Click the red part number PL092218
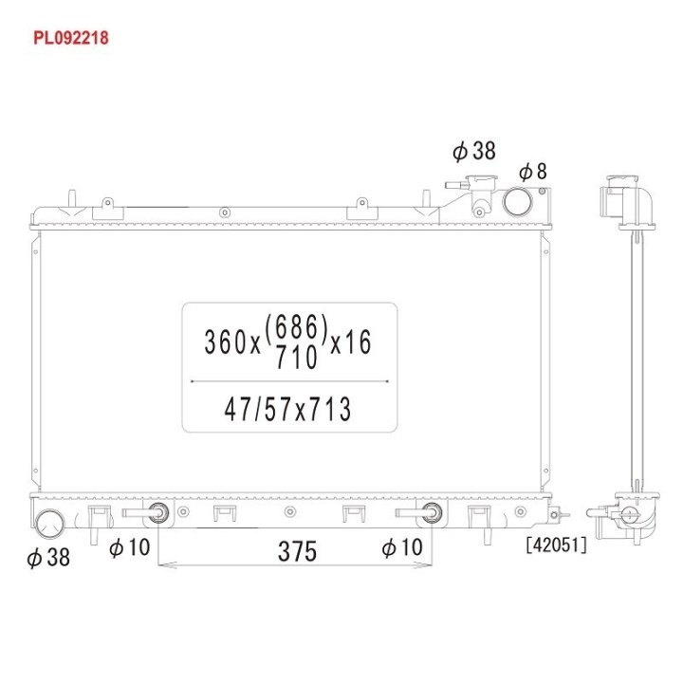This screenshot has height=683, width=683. (x=70, y=38)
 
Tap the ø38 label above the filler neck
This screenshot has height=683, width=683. (x=474, y=151)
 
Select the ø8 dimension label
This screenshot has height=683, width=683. (x=533, y=171)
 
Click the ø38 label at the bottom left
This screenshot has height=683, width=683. (x=48, y=557)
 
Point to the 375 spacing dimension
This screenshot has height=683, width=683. (x=297, y=551)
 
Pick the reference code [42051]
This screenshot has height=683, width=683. (x=556, y=545)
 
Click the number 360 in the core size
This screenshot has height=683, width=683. (x=226, y=341)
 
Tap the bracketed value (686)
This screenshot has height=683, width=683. (x=296, y=327)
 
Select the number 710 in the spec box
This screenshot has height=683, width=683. (x=297, y=358)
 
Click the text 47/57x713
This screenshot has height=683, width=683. (x=287, y=410)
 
